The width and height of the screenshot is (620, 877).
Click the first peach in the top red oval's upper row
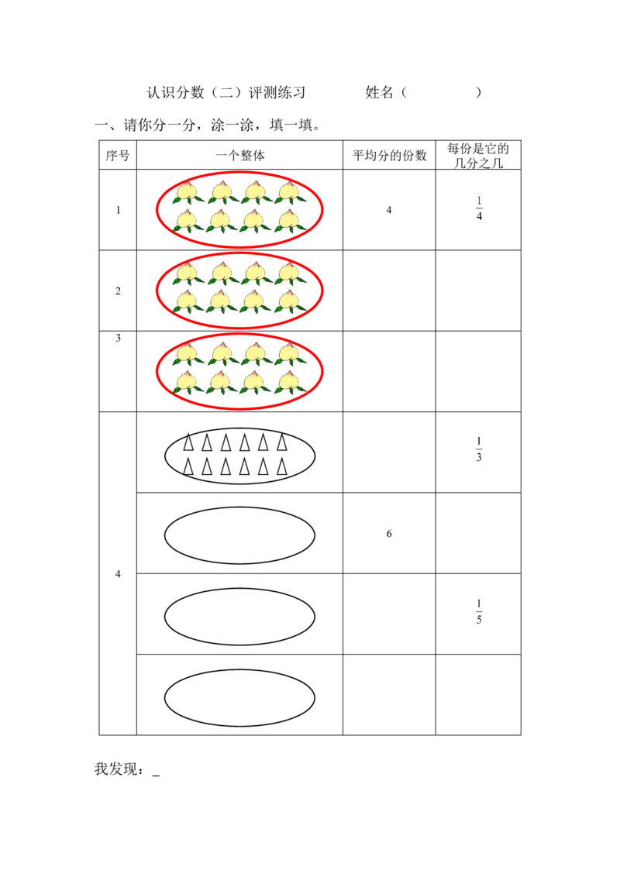pyautogui.click(x=186, y=191)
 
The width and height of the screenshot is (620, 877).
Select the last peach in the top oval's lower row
pyautogui.click(x=288, y=221)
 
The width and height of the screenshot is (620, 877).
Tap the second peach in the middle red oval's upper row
pyautogui.click(x=221, y=272)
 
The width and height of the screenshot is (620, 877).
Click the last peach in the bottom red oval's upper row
pyautogui.click(x=288, y=353)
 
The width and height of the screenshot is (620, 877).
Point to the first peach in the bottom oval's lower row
pyautogui.click(x=186, y=382)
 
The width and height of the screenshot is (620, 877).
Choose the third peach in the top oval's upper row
pyautogui.click(x=254, y=191)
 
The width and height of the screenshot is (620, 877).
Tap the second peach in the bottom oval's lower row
pyautogui.click(x=221, y=382)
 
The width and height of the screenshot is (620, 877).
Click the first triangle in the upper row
pyautogui.click(x=188, y=443)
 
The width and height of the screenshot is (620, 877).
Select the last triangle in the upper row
pyautogui.click(x=282, y=443)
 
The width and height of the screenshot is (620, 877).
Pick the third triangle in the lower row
pyautogui.click(x=226, y=467)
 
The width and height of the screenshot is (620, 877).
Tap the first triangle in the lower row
pyautogui.click(x=188, y=467)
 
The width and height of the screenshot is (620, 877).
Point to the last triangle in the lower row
pyautogui.click(x=282, y=467)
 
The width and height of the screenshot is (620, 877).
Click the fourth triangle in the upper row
pyautogui.click(x=244, y=443)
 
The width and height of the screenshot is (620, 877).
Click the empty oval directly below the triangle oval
pyautogui.click(x=239, y=535)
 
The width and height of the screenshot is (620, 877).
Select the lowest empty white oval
pyautogui.click(x=239, y=698)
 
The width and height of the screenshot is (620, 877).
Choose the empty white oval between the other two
pyautogui.click(x=239, y=617)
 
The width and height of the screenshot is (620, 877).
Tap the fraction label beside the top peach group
pyautogui.click(x=480, y=210)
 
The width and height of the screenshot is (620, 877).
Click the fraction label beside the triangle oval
pyautogui.click(x=480, y=447)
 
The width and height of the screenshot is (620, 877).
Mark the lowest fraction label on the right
pyautogui.click(x=480, y=614)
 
